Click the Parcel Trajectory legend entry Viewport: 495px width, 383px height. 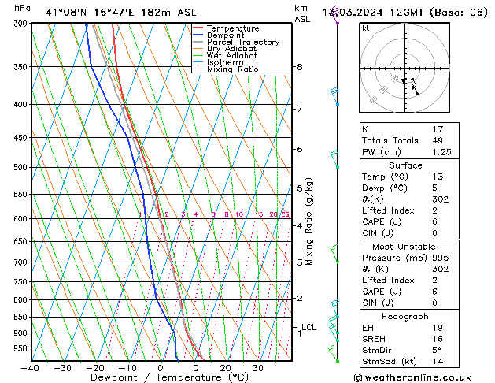click(x=242, y=42)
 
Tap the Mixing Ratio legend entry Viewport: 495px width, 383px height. click(x=232, y=69)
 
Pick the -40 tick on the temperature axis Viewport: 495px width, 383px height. click(x=31, y=368)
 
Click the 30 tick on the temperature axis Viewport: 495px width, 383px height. click(x=258, y=368)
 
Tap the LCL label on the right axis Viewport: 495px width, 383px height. click(x=309, y=327)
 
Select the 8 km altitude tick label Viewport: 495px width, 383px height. click(x=300, y=67)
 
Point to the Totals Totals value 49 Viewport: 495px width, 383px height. click(x=438, y=140)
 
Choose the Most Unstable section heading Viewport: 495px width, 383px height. click(x=405, y=247)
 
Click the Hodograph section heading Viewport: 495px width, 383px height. click(x=405, y=316)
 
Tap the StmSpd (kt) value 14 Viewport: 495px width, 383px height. click(x=438, y=362)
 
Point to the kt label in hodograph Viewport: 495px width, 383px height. click(x=366, y=28)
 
